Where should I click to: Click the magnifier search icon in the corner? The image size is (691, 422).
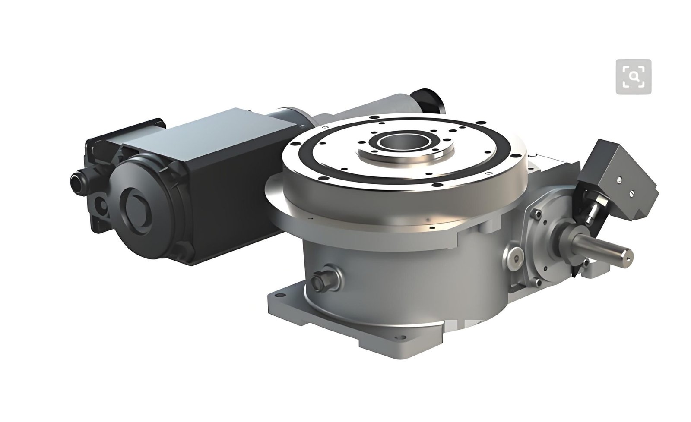[x=633, y=76]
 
